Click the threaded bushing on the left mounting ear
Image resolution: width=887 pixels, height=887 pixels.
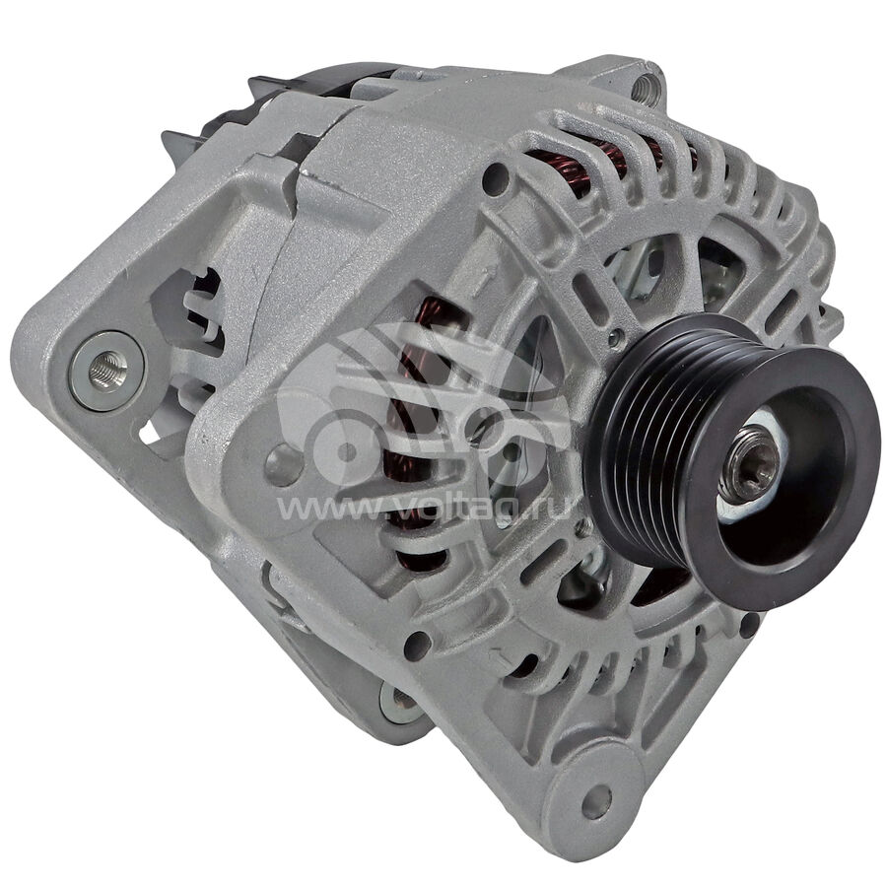106,372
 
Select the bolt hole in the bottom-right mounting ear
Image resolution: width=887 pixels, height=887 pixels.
596,801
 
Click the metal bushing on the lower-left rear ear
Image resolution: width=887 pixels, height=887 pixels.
403,702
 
